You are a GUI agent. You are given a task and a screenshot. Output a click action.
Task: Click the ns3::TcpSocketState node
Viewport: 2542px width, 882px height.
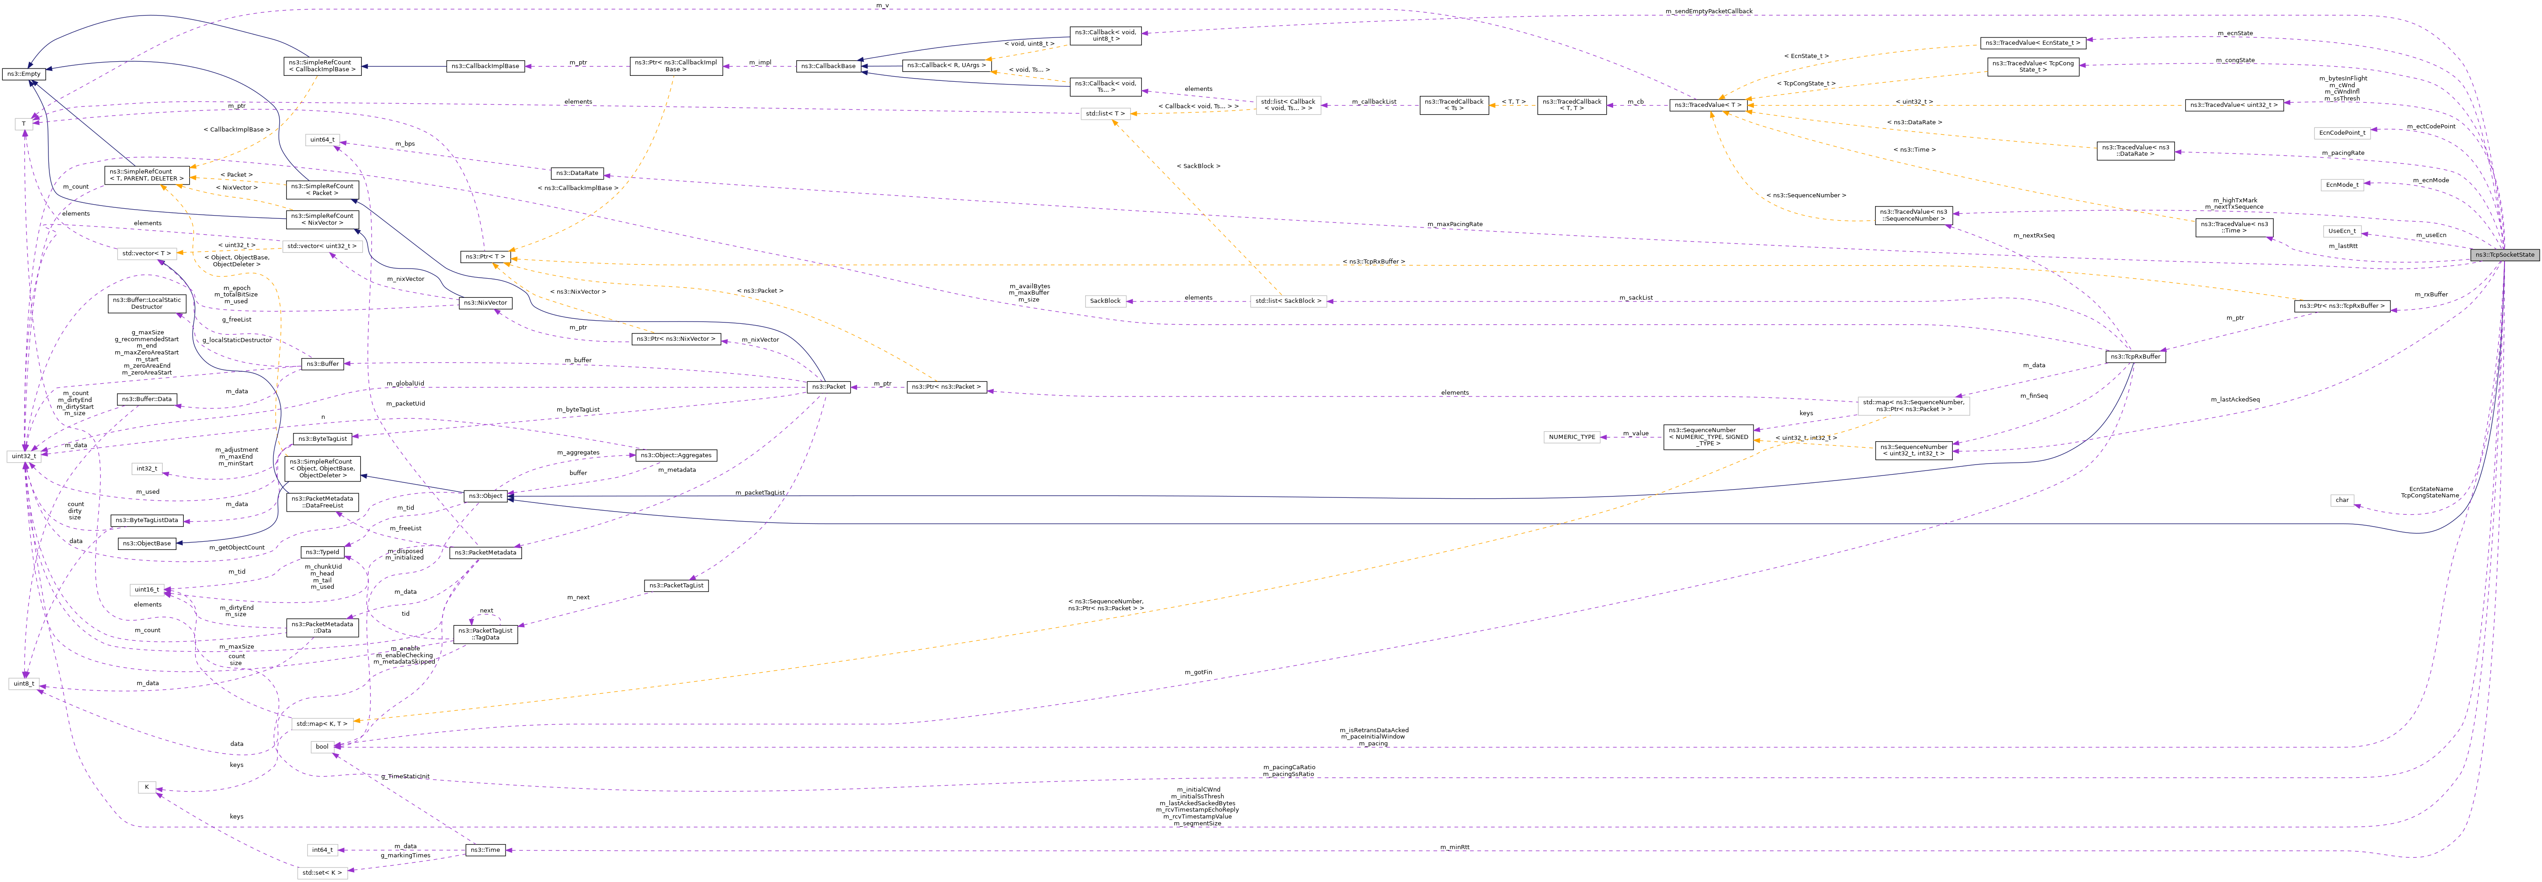tap(2504, 254)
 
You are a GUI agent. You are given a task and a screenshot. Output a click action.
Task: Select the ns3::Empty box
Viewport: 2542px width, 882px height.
tap(24, 74)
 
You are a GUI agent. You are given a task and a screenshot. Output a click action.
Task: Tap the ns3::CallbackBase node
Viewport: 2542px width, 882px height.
tap(827, 66)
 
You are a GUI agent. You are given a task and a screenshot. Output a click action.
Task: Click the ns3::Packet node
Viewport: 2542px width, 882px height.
tap(828, 387)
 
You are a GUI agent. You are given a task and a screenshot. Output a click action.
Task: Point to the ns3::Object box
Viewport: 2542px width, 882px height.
tap(485, 496)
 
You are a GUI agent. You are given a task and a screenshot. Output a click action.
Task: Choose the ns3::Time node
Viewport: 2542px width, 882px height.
tap(485, 850)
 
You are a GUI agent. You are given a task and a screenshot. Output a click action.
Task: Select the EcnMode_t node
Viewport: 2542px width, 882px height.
tap(2341, 185)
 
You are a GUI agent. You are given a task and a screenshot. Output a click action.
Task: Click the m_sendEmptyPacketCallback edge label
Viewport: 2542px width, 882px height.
tap(1709, 11)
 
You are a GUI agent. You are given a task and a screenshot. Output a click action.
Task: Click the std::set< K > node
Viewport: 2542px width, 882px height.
tap(322, 872)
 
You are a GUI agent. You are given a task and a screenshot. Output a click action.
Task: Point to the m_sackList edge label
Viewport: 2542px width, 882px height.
tap(1635, 297)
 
